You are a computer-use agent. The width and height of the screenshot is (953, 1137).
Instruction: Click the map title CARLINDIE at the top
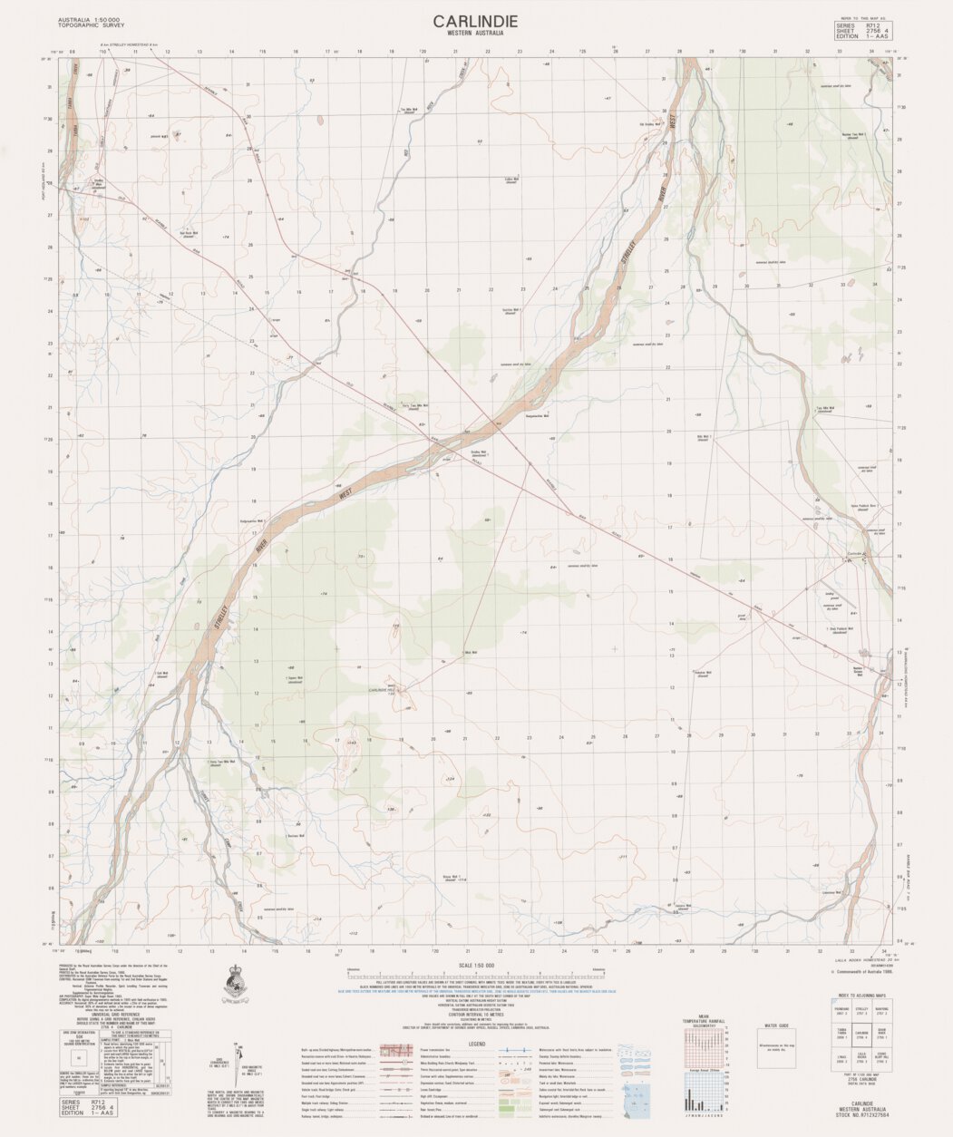[475, 20]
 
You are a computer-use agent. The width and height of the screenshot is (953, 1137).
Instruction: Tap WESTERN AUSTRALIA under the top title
[475, 34]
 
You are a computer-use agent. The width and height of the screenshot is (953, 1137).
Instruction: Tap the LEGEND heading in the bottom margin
[476, 1045]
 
